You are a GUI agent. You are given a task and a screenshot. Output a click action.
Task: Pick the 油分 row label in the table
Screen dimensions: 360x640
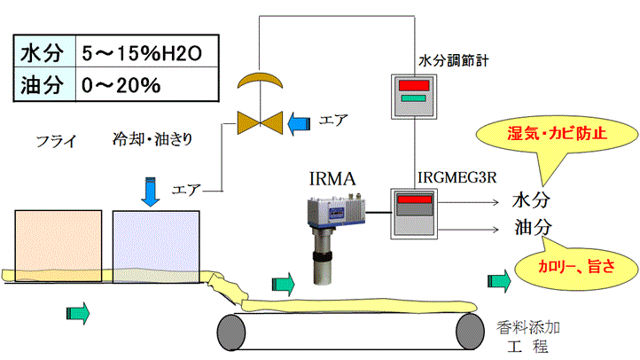coord(42,85)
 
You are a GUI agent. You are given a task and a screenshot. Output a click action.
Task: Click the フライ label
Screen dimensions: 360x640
coord(56,139)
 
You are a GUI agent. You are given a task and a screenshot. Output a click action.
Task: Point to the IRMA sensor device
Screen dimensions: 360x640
coord(332,231)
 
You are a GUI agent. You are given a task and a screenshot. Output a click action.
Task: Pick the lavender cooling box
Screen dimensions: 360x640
coord(156,242)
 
